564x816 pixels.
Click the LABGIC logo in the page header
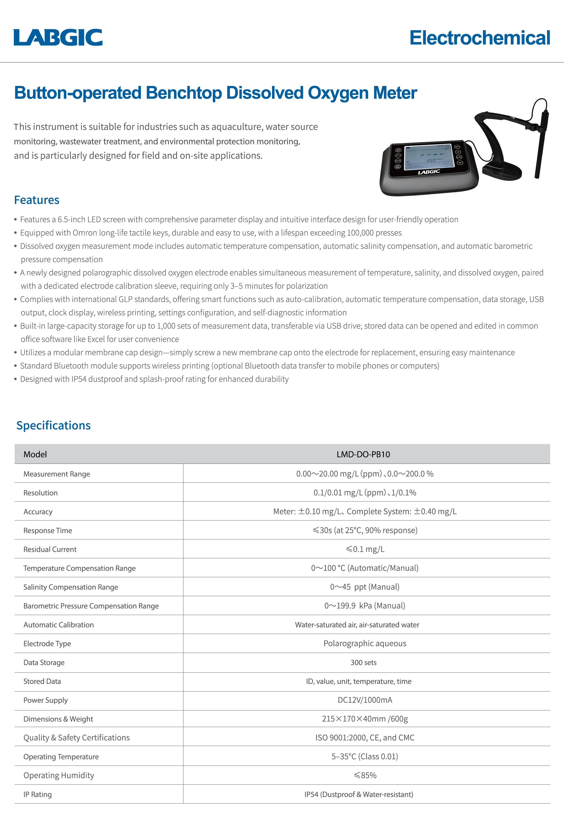coord(58,38)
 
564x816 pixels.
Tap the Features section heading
coord(36,200)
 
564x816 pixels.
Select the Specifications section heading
coord(53,425)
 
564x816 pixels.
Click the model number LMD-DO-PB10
coord(363,454)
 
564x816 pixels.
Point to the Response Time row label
coord(48,530)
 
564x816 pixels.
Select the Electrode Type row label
coord(47,643)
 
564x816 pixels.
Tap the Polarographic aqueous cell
coord(365,643)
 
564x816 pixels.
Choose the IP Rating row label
coord(38,794)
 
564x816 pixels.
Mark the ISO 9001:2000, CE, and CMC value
coord(365,738)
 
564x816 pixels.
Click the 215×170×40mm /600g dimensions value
coord(365,719)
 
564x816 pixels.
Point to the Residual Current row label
coord(50,549)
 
